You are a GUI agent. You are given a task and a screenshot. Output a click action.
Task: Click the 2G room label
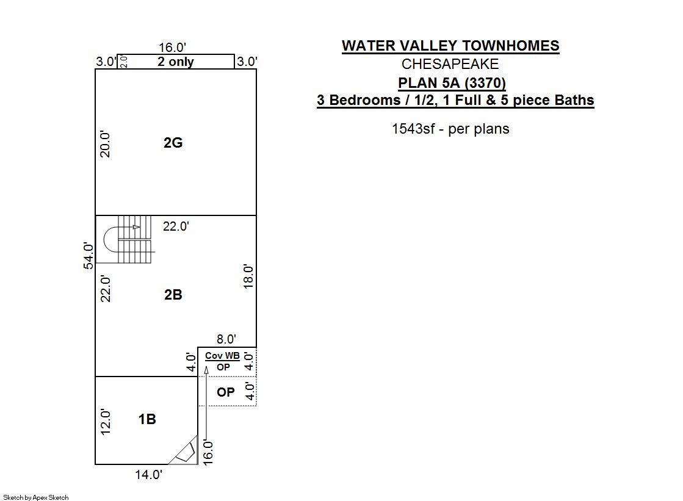pos(173,142)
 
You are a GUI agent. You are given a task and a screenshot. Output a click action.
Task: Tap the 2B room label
pos(173,295)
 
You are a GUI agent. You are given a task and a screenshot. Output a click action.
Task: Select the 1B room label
pos(147,419)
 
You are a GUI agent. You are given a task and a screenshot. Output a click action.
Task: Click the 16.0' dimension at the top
pos(172,47)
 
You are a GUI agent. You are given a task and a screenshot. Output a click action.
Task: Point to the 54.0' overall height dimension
pos(88,256)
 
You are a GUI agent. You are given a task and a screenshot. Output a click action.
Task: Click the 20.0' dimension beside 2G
pos(105,144)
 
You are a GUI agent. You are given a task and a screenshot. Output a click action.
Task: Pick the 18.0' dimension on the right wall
pos(248,276)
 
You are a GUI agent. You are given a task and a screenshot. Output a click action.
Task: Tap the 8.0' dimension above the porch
pos(226,339)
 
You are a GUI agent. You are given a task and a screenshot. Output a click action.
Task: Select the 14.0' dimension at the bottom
pos(148,474)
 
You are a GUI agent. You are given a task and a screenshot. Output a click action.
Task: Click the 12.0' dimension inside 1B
pos(106,422)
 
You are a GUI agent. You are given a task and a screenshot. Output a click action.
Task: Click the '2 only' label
pos(176,62)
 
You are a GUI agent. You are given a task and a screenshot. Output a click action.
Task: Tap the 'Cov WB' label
pos(223,356)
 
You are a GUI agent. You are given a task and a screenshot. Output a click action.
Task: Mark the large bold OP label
pos(226,392)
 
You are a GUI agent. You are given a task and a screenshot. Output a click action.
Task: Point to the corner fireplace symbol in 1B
pos(185,452)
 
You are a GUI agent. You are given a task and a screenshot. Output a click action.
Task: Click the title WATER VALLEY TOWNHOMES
pos(450,46)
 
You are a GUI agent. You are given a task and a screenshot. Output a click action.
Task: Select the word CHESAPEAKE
pos(450,64)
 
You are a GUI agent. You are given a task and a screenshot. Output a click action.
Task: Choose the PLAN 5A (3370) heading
pos(452,83)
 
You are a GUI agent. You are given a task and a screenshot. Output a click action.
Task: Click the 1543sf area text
pos(450,129)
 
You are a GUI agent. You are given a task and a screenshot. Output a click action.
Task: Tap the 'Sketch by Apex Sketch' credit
pos(36,497)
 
